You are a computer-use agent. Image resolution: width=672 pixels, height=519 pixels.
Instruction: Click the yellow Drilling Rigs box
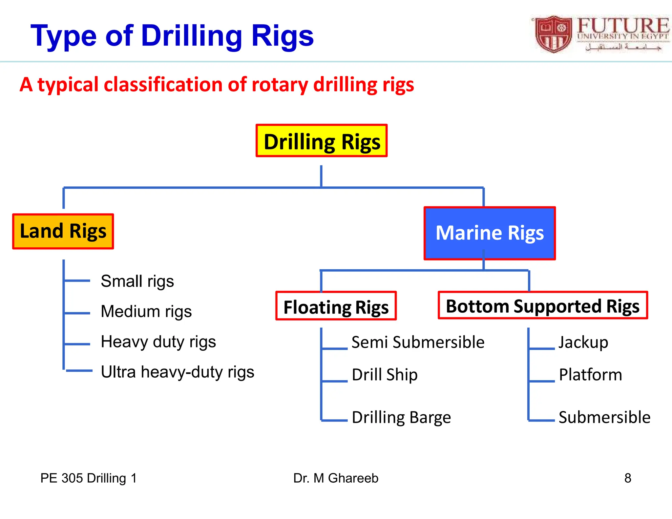coord(322,141)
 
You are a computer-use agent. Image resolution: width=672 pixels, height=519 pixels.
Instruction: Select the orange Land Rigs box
coord(63,231)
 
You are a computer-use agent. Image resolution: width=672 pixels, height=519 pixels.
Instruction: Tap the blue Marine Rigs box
coord(490,233)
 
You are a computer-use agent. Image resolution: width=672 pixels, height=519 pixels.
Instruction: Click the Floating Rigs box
coord(336,306)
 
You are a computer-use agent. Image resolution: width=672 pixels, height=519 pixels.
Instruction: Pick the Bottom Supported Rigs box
coord(543,305)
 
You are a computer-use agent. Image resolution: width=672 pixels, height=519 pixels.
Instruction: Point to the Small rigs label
coord(137,281)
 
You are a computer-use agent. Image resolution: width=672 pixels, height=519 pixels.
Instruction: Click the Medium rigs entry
coord(146,312)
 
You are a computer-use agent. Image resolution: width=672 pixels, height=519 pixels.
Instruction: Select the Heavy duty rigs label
coord(158,342)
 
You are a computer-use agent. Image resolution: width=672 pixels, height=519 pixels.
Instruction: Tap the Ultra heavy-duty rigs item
coord(177,372)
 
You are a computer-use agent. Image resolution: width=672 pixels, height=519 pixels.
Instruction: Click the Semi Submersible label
coord(418,343)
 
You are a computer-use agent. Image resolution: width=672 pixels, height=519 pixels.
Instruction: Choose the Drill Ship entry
coord(385,375)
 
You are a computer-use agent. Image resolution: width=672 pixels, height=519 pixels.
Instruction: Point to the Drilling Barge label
coord(401,418)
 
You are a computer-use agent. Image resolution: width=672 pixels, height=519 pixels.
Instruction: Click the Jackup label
coord(583,343)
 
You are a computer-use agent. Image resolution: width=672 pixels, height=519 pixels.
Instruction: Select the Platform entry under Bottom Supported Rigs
coord(590,375)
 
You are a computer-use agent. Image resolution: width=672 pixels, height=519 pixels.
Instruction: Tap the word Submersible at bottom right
coord(604,418)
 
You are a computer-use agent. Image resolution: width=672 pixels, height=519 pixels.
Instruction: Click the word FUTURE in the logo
coord(622,25)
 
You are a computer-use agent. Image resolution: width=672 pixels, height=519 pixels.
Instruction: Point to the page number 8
coord(627,478)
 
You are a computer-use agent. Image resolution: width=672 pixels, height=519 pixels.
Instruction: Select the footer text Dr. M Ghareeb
coord(336,478)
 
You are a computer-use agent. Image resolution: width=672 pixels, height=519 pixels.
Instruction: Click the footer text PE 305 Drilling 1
coord(88,478)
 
